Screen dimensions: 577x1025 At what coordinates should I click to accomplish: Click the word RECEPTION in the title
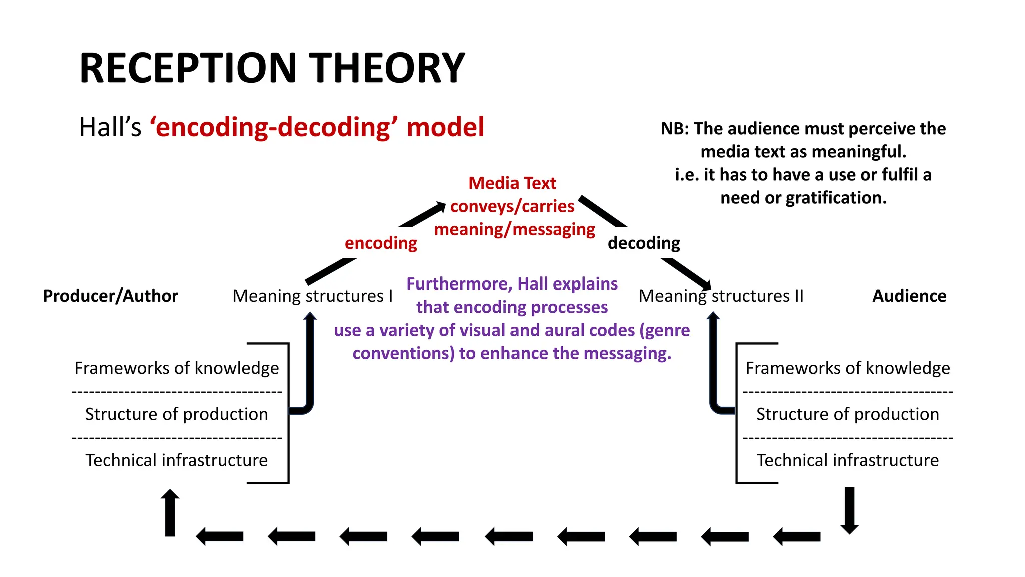pyautogui.click(x=188, y=68)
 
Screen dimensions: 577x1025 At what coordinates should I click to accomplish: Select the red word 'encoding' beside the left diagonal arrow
pyautogui.click(x=381, y=243)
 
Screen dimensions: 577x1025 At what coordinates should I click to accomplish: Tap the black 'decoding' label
pyautogui.click(x=644, y=243)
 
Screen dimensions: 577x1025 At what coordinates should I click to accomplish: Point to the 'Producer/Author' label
pyautogui.click(x=110, y=296)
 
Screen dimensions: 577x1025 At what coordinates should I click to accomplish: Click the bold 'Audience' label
pyautogui.click(x=909, y=296)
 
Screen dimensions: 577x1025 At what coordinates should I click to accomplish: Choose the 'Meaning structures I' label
pyautogui.click(x=312, y=296)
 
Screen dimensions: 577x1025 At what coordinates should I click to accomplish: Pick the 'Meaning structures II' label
pyautogui.click(x=721, y=296)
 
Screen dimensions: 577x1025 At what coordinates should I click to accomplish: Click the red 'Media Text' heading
pyautogui.click(x=512, y=183)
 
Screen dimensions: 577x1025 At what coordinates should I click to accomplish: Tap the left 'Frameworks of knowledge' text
pyautogui.click(x=176, y=368)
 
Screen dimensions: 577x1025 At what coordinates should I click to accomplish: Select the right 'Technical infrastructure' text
pyautogui.click(x=847, y=460)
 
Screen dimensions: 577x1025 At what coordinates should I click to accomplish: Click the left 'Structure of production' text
pyautogui.click(x=176, y=414)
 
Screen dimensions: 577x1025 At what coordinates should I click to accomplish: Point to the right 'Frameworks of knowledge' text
pyautogui.click(x=847, y=368)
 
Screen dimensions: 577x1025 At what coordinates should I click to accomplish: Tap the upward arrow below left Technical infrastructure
pyautogui.click(x=170, y=513)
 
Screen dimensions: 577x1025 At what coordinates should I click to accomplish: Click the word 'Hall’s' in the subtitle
pyautogui.click(x=110, y=127)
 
